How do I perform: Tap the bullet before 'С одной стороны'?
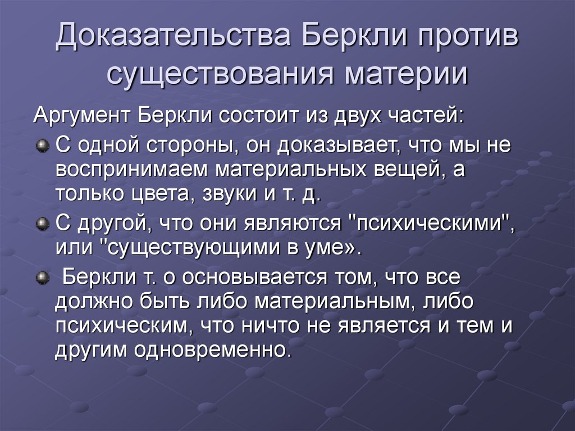pyautogui.click(x=41, y=146)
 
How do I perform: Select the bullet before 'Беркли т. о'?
pyautogui.click(x=41, y=278)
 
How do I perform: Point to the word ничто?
pyautogui.click(x=304, y=326)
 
